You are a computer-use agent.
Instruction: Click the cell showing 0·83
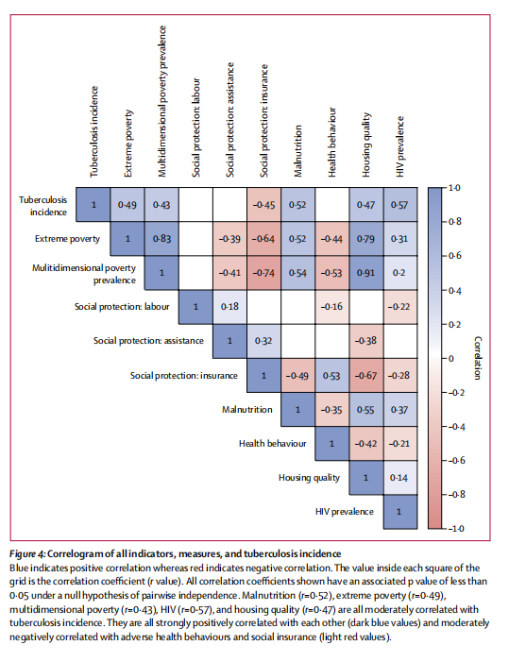coord(161,239)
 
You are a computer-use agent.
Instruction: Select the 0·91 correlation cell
coord(365,273)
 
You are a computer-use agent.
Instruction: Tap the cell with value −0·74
coord(263,273)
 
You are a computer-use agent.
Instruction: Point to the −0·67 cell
coord(365,375)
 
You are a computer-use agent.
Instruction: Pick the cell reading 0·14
coord(400,478)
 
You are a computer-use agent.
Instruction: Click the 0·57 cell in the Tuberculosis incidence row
coord(400,205)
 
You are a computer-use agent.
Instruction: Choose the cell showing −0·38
coord(365,341)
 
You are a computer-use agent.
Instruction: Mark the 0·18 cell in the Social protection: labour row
coord(229,307)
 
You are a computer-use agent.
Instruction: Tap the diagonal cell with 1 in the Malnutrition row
coord(297,409)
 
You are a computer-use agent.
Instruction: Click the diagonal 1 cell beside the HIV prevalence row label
coord(400,512)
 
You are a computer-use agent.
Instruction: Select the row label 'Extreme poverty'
coord(68,239)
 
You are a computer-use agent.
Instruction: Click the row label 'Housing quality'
coord(309,478)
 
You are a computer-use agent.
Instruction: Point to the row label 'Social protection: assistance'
coord(148,341)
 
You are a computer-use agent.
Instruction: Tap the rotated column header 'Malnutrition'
coord(298,151)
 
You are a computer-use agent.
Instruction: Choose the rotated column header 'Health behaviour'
coord(332,143)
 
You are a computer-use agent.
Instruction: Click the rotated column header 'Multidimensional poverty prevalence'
coord(162,101)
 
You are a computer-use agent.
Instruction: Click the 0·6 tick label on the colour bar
coord(454,256)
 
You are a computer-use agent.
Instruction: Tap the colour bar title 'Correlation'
coord(477,358)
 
